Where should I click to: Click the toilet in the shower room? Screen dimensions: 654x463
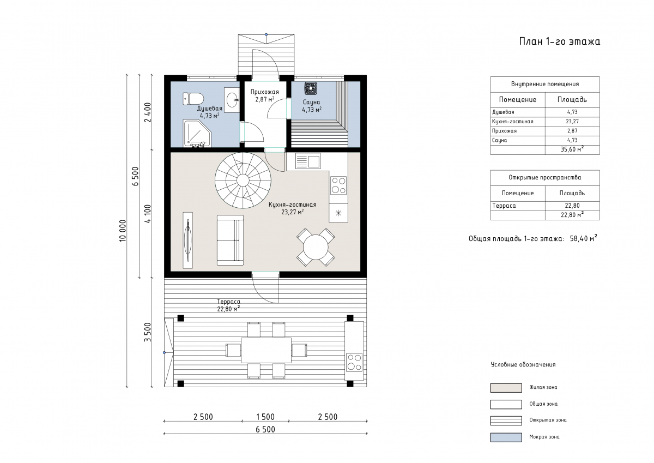point(193,99)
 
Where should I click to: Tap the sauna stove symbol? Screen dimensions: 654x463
point(311,88)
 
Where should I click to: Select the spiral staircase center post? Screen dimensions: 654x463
point(243,180)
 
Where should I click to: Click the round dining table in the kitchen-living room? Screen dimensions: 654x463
point(316,247)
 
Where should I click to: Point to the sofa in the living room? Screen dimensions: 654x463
point(230,240)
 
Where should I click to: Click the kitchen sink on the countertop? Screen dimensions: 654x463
point(308,161)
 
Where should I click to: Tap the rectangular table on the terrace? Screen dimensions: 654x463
point(266,350)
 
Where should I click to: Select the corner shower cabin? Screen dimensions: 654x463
point(197,133)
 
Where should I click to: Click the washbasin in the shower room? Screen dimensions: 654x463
point(232,100)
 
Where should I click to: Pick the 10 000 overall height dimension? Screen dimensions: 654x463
point(123,231)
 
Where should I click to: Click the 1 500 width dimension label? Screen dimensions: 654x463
point(265,417)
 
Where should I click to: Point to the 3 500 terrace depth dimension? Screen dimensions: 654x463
point(148,332)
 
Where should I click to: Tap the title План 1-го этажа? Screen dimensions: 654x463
point(559,41)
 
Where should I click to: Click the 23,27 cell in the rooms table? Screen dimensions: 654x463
point(572,121)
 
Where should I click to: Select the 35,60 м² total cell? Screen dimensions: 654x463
point(572,149)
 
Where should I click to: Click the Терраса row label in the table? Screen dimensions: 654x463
point(504,206)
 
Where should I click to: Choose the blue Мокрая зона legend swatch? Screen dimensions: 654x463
point(506,437)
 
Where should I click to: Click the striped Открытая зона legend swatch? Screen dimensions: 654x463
point(506,420)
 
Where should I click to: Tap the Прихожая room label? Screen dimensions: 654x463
point(264,92)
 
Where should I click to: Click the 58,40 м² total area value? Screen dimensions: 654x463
point(583,238)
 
